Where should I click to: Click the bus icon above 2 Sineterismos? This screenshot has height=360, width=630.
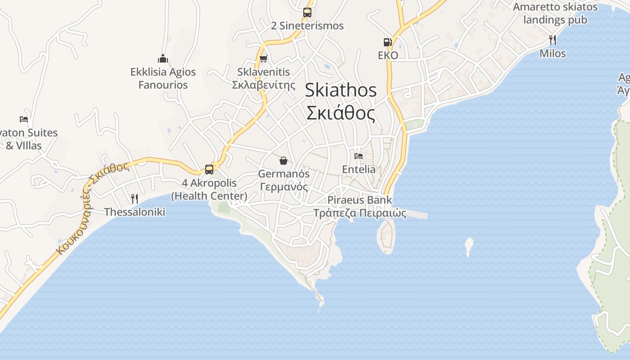[x=307, y=13]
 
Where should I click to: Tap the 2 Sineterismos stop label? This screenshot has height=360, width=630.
[x=307, y=26]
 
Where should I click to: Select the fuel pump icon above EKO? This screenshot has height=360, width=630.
[x=387, y=42]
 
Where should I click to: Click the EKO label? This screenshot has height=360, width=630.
[x=388, y=55]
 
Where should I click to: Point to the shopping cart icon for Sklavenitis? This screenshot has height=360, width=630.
[x=264, y=58]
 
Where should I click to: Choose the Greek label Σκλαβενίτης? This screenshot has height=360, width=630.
[x=264, y=85]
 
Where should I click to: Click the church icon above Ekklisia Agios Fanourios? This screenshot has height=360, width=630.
[x=163, y=58]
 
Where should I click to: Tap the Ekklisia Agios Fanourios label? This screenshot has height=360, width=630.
[x=163, y=78]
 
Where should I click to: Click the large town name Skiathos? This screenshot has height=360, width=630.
[x=341, y=90]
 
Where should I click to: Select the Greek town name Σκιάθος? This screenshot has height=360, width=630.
[x=341, y=113]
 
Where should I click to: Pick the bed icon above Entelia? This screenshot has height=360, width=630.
[x=359, y=156]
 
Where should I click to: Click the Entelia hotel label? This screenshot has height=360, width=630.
[x=359, y=169]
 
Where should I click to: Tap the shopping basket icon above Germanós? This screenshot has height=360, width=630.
[x=283, y=161]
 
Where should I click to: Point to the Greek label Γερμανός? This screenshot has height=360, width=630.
[x=283, y=187]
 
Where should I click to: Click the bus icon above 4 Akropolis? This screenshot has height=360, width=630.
[x=209, y=170]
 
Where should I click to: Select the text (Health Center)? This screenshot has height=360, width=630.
[x=209, y=196]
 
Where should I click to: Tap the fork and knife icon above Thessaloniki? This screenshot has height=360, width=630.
[x=134, y=198]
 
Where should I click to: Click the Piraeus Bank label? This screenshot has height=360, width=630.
[x=360, y=200]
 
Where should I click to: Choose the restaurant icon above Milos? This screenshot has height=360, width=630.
[x=553, y=40]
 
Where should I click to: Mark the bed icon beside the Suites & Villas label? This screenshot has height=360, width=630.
[x=24, y=119]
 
